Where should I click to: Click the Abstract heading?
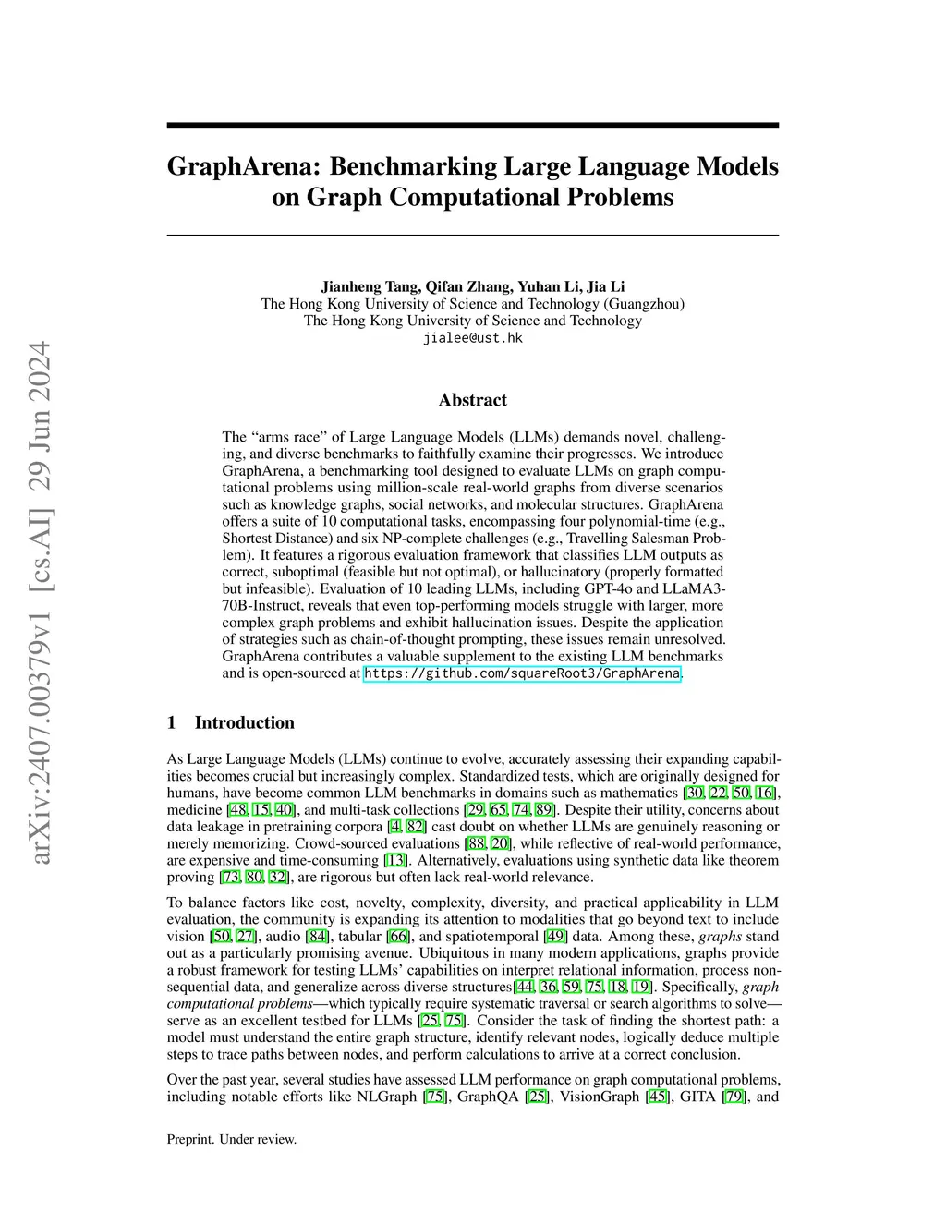(x=472, y=400)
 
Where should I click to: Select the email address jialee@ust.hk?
(x=472, y=338)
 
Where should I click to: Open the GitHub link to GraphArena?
(x=522, y=673)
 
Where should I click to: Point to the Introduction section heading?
(x=244, y=722)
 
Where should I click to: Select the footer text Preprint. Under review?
(x=232, y=1139)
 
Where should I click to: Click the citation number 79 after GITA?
(x=736, y=1097)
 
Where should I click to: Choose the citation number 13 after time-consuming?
(x=395, y=860)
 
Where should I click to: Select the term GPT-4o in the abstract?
(x=656, y=589)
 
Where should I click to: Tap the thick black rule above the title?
(x=472, y=125)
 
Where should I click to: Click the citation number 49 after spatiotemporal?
(x=555, y=936)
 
